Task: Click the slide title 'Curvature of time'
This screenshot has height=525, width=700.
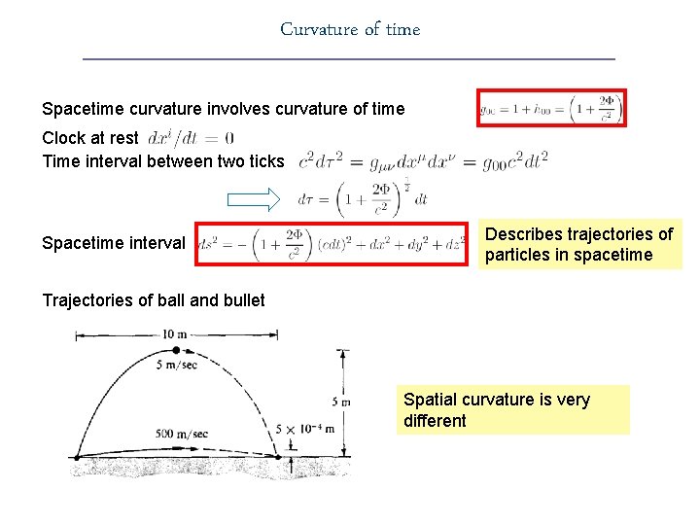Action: click(x=350, y=29)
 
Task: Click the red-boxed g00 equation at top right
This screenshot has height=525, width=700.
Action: click(x=551, y=108)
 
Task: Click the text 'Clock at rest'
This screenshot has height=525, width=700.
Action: click(x=90, y=138)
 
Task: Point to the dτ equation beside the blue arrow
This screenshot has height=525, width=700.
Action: click(x=363, y=198)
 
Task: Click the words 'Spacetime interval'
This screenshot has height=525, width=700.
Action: click(x=113, y=243)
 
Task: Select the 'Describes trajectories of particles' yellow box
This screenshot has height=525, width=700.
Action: click(x=578, y=244)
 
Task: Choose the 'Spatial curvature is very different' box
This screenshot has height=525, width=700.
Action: click(x=513, y=409)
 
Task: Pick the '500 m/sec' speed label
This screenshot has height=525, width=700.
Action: click(x=182, y=434)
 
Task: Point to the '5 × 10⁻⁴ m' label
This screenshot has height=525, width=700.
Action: click(x=304, y=429)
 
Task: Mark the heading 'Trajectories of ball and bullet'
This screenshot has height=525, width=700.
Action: click(x=154, y=300)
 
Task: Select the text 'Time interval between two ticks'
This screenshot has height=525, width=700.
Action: click(x=163, y=161)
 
